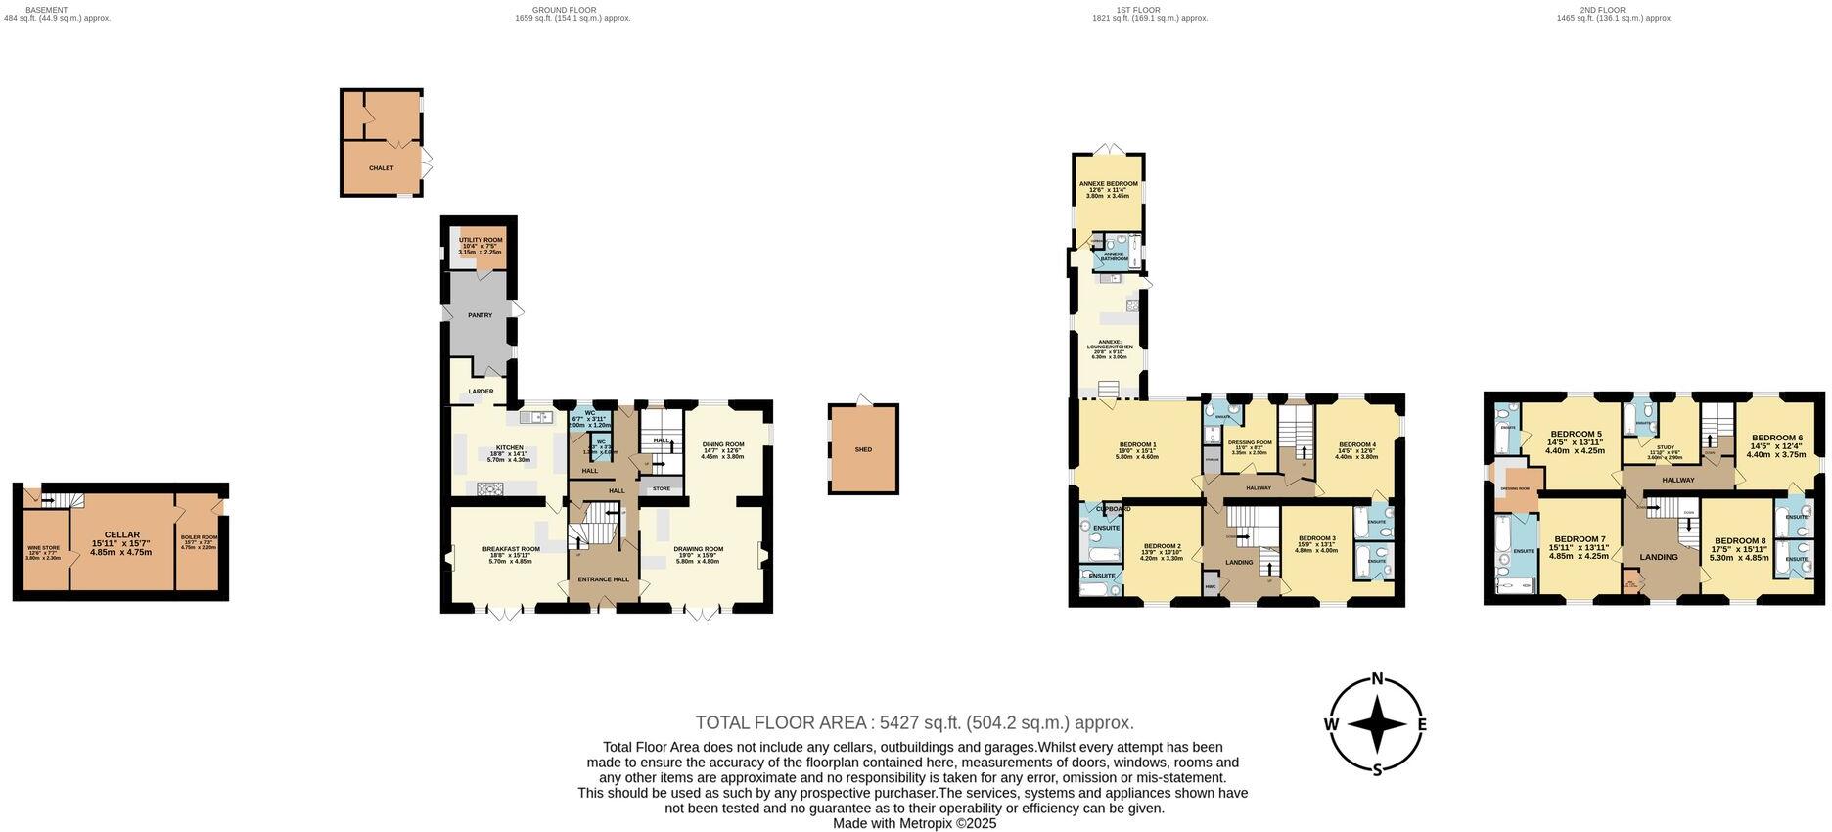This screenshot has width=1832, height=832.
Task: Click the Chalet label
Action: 381,168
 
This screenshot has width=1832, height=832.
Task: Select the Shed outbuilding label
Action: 863,449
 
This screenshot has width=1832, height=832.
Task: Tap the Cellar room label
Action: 122,534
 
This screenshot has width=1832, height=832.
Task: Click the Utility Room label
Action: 481,240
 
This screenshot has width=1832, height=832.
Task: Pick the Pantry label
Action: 480,315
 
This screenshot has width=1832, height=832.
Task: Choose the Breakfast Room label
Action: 510,549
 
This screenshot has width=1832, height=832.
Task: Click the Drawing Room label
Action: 699,549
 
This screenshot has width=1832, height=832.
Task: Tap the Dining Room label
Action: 723,444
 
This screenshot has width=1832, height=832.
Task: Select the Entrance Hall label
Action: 604,579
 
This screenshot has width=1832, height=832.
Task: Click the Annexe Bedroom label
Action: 1108,184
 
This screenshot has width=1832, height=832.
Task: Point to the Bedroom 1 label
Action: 1137,445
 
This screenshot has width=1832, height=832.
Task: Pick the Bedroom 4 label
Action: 1356,445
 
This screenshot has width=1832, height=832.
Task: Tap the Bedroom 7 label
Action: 1579,539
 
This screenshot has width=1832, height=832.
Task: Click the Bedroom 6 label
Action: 1776,438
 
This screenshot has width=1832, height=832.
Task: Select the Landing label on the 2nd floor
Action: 1659,557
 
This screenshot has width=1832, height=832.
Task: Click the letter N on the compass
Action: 1377,679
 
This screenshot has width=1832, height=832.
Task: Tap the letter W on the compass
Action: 1331,724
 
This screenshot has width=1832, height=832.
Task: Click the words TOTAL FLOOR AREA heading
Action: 780,723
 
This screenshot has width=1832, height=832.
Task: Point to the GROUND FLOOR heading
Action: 557,10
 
